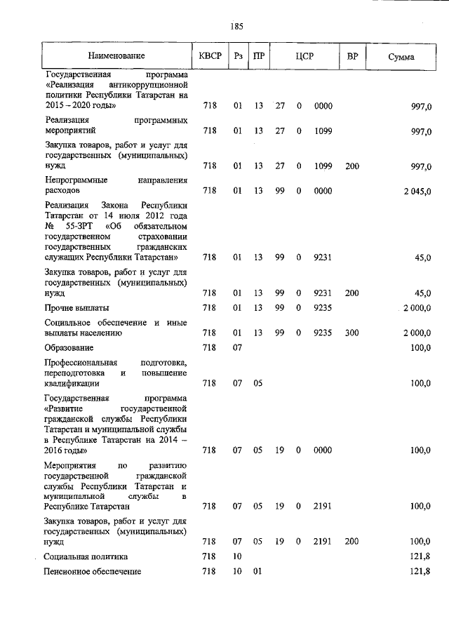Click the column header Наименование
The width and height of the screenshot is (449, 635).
116,56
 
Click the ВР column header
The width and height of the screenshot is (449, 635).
351,56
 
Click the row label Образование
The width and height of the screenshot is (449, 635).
69,347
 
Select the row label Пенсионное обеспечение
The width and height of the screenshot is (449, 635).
93,571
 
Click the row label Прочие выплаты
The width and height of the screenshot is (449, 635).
76,307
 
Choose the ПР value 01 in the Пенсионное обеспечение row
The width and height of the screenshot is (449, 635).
257,571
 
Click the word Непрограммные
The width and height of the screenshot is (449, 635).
74,180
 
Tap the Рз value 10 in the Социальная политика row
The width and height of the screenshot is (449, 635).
238,556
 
